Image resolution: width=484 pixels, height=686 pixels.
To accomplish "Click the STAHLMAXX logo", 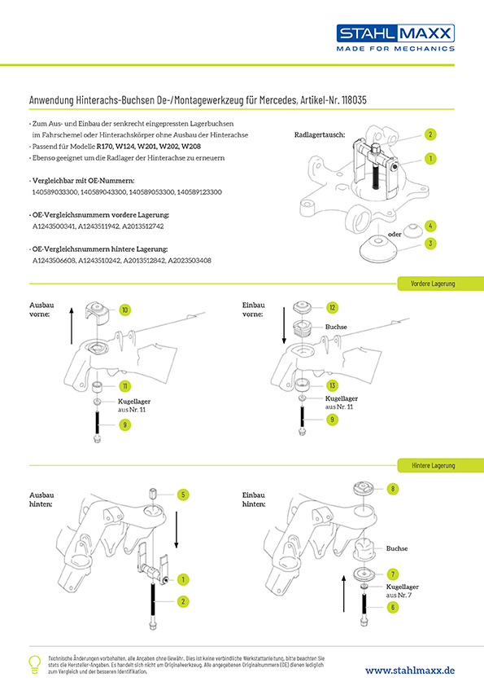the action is point(395,37).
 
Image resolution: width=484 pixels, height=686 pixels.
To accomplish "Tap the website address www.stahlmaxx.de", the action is point(410,671).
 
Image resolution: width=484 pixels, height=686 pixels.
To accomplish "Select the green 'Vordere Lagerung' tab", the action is point(440,284).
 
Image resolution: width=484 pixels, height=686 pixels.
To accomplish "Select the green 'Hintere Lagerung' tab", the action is point(440,465).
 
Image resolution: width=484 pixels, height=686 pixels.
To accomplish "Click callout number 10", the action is point(125,310).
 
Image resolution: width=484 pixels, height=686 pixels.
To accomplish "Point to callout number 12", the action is point(333,308).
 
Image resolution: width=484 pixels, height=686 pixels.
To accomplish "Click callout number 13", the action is point(333,385).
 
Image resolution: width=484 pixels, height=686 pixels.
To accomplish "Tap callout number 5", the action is point(183,495).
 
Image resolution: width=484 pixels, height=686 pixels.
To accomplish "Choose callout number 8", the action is point(393,489).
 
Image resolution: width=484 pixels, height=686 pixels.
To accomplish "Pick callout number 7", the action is point(393,574).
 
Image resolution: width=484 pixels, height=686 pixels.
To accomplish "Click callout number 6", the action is point(393,607).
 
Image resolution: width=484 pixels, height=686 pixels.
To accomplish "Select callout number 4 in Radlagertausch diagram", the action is point(430,226).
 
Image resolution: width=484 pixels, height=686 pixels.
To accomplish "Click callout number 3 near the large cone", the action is point(430,244).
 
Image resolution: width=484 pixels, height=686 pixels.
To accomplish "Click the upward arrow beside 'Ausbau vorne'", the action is point(72,326).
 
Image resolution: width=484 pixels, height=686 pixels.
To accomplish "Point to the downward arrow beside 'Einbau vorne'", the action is point(285,325).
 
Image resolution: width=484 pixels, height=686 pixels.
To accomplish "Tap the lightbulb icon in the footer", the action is point(34,665).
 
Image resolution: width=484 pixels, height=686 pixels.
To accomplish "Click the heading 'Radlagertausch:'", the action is point(320,135).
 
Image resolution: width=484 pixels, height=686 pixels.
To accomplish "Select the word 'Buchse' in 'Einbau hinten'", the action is point(397,548).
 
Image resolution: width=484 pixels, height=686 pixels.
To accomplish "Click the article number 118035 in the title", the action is point(354,100).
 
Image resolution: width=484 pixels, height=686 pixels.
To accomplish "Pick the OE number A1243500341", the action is point(55,226).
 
